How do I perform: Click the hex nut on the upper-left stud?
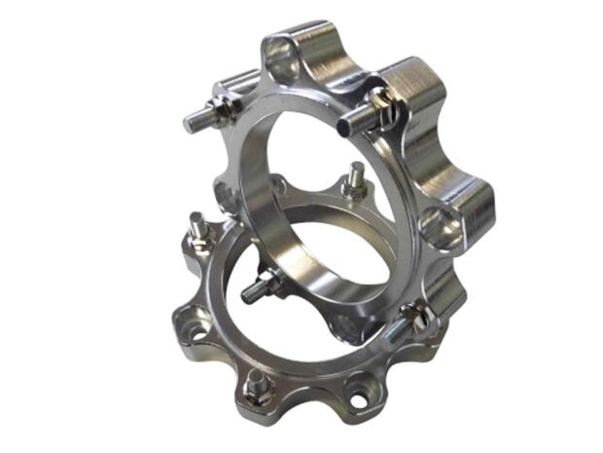(223, 108)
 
